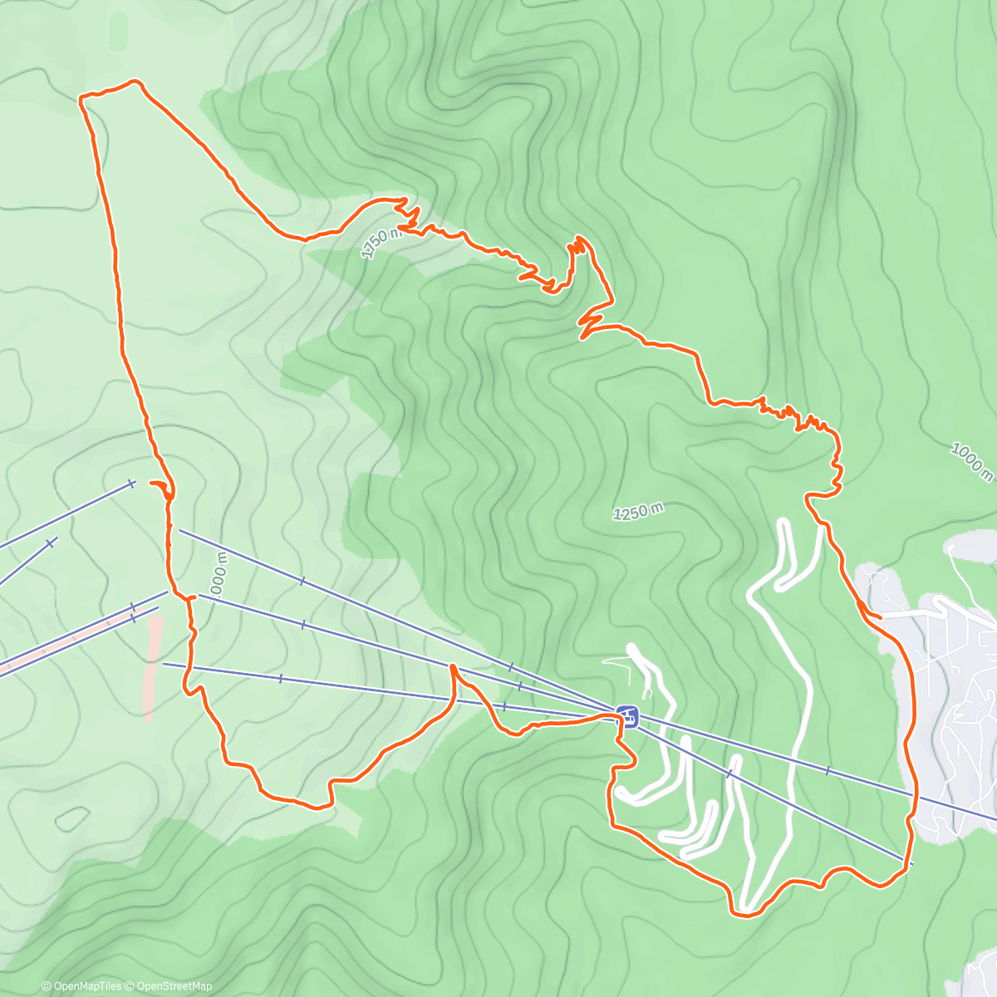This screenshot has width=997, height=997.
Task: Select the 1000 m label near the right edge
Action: click(971, 462)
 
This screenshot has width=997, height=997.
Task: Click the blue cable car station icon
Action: click(628, 715)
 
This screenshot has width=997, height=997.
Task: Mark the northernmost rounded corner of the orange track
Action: click(135, 81)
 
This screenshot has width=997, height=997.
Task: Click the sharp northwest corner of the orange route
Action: click(81, 99)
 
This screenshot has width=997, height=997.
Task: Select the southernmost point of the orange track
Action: click(745, 916)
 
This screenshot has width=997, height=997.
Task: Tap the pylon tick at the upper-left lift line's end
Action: click(131, 483)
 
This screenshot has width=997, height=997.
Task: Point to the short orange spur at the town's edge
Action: click(872, 616)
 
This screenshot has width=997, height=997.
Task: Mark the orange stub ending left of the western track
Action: click(151, 483)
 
